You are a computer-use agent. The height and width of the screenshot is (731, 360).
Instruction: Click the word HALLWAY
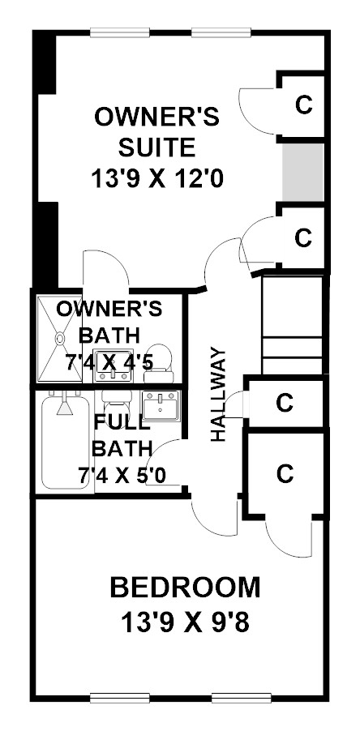217,394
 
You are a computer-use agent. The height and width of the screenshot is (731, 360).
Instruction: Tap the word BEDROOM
185,588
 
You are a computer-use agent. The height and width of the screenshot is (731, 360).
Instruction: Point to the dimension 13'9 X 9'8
185,622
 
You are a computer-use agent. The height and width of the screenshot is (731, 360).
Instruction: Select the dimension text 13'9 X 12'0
157,178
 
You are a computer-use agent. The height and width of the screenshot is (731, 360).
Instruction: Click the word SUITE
156,147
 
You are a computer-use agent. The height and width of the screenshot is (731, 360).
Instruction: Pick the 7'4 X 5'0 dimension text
123,476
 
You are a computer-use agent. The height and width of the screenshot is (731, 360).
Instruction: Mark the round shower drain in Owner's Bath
60,338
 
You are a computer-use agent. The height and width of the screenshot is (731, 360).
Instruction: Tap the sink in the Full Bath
161,405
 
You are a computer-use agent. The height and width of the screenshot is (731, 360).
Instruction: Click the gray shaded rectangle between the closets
303,173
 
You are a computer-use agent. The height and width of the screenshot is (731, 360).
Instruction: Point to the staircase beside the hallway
293,325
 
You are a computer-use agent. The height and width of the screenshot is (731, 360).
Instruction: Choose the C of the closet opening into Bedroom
285,473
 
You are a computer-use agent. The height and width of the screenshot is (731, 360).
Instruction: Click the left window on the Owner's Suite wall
120,32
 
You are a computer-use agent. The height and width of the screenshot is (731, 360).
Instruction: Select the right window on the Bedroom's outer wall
242,698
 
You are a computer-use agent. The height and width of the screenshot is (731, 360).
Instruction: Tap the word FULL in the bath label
122,423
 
